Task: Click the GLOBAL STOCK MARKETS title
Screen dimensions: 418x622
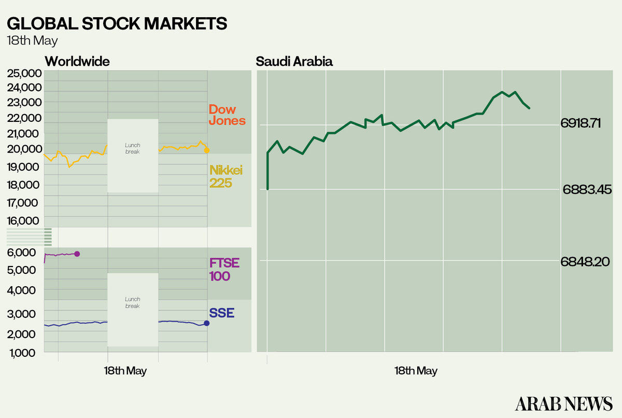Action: [117, 24]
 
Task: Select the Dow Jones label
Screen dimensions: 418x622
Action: [227, 115]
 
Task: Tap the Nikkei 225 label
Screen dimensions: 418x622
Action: [225, 176]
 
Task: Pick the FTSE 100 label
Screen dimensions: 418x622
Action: [224, 269]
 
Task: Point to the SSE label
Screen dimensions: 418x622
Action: [221, 313]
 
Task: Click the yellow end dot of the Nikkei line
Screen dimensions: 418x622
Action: [207, 150]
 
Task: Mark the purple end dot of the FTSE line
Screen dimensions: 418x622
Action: [77, 254]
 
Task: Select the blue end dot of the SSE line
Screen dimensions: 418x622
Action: [206, 323]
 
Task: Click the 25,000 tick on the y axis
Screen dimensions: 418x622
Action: [24, 73]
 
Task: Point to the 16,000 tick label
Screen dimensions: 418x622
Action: [24, 221]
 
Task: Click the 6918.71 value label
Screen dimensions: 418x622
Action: [580, 123]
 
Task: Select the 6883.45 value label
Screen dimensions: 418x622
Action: [587, 190]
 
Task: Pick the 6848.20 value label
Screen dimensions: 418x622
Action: [585, 262]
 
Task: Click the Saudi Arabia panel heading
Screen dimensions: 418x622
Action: [294, 62]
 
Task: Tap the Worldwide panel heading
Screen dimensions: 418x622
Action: [77, 62]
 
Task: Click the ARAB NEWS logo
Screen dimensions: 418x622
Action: [563, 403]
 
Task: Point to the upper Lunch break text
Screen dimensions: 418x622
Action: [133, 148]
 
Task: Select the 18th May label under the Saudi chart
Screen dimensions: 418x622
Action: [416, 371]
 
